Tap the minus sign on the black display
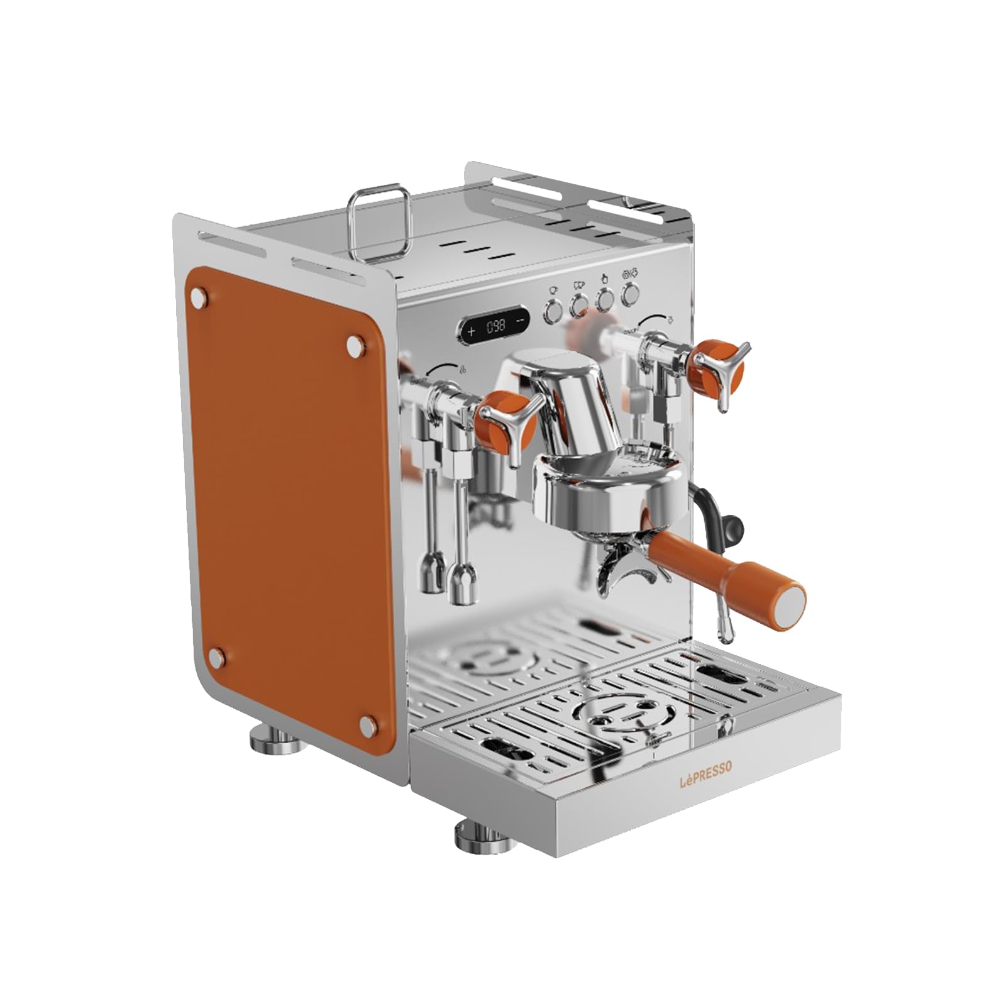point(520,320)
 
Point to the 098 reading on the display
point(496,326)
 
